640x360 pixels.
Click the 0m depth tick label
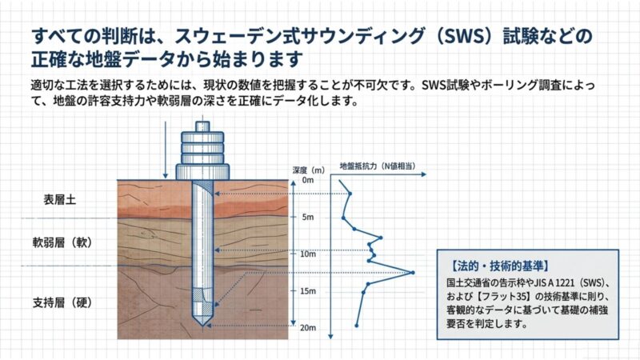(308, 180)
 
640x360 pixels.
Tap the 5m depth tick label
(308, 217)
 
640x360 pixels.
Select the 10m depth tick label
(308, 254)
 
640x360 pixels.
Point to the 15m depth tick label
(308, 291)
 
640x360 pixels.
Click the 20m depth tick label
(308, 328)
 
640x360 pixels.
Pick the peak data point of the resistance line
(413, 272)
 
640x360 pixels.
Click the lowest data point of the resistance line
(356, 326)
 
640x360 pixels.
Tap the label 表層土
(59, 199)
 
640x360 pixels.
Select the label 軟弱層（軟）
(62, 242)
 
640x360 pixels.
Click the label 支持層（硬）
(62, 302)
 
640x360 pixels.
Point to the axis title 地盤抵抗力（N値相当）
(378, 166)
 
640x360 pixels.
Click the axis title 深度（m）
(309, 170)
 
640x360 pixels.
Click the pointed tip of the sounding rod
(203, 326)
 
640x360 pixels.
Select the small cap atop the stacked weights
(202, 126)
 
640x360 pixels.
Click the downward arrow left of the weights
(166, 150)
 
